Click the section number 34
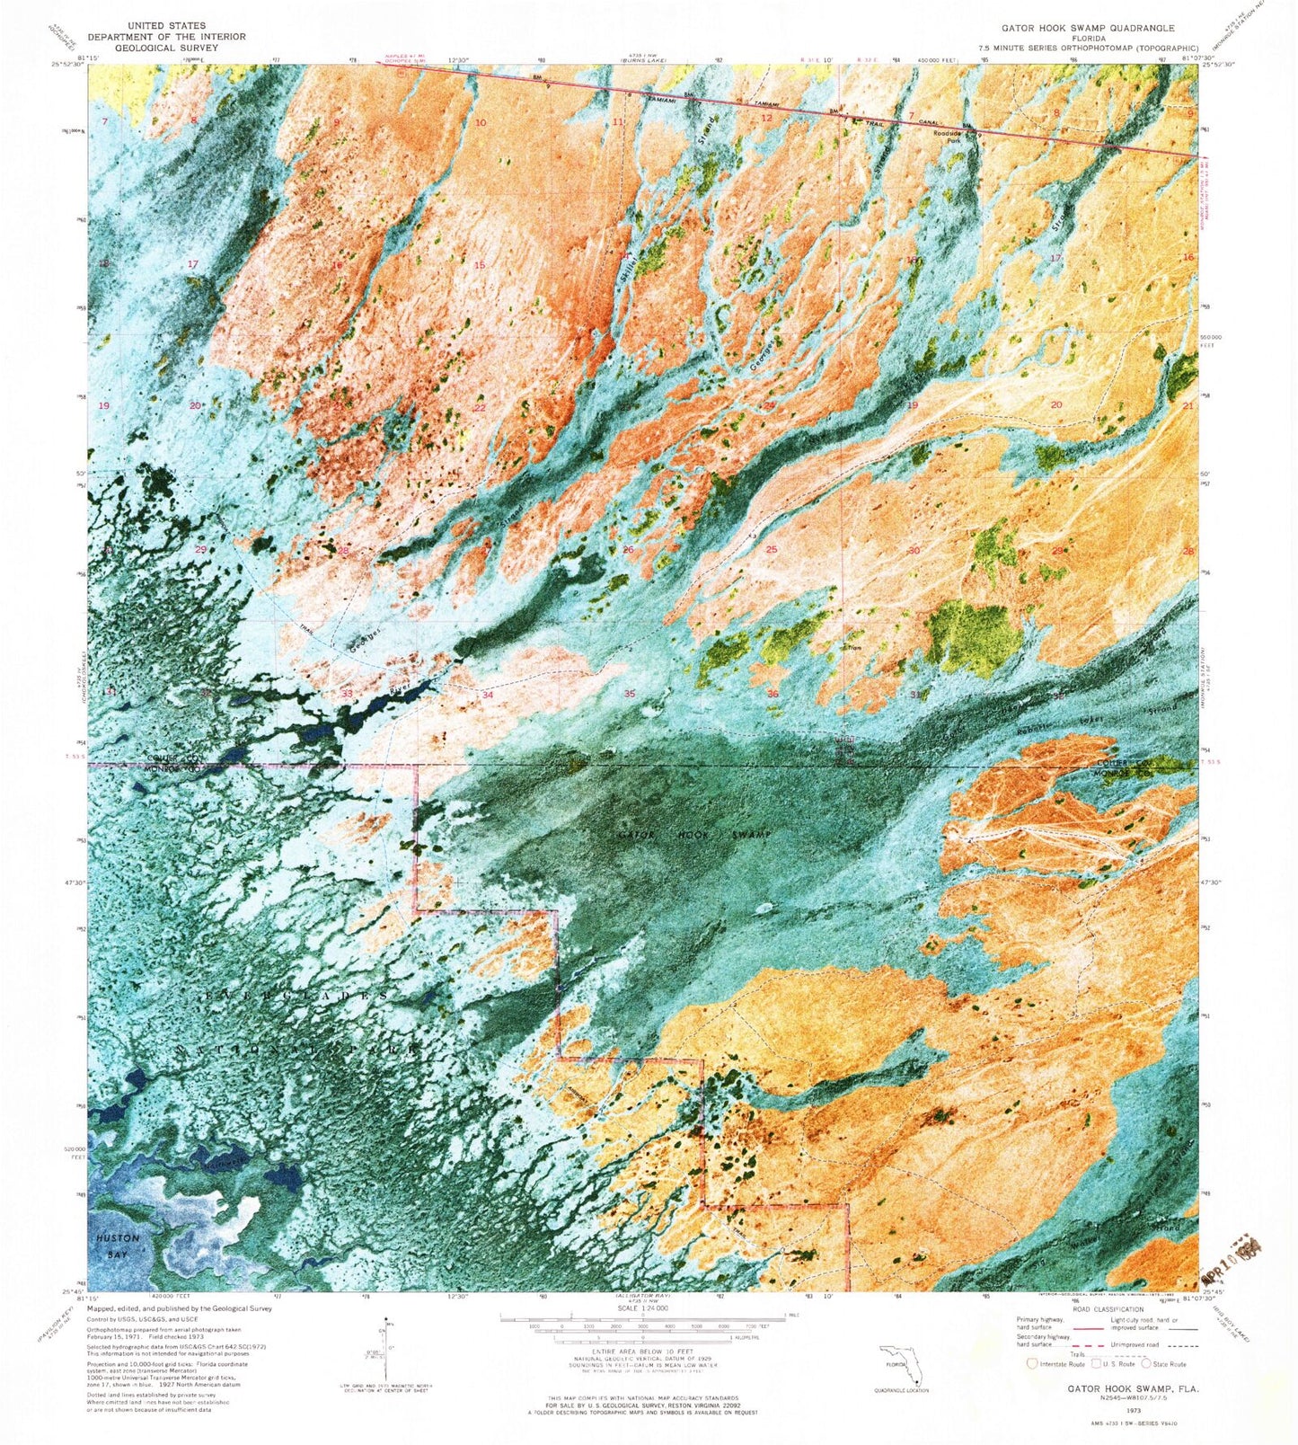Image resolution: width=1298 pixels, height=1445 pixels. click(x=487, y=695)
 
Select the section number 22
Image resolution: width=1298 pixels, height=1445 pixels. click(x=480, y=407)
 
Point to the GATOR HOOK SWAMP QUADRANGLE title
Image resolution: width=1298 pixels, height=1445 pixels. click(x=1076, y=28)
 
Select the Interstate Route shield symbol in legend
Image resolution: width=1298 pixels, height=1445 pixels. click(x=1032, y=1363)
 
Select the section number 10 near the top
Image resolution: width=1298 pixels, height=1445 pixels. click(x=481, y=123)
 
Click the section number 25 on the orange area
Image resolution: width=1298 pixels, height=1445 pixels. click(x=771, y=549)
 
